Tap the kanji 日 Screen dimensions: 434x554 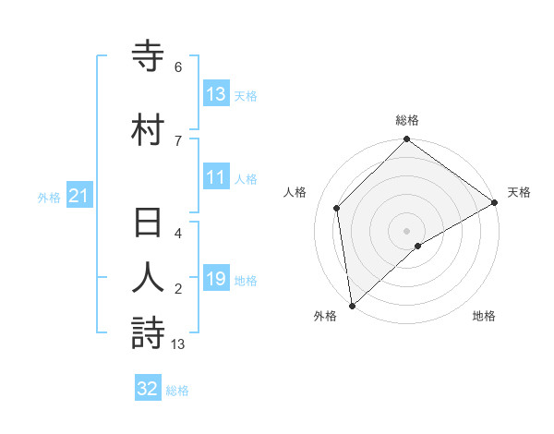(x=148, y=224)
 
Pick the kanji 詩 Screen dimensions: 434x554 (x=148, y=332)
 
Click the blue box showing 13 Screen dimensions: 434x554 (x=216, y=94)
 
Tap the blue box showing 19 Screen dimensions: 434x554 (x=216, y=279)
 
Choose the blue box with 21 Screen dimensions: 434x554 (x=78, y=196)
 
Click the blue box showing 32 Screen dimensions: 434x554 (x=148, y=389)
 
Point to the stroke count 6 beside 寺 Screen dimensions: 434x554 (x=178, y=67)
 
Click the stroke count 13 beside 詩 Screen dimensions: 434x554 (x=178, y=344)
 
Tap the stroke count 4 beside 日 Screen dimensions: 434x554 (x=178, y=234)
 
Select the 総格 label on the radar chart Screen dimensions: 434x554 (x=407, y=120)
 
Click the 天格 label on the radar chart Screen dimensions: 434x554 (x=519, y=192)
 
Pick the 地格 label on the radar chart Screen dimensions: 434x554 (x=484, y=316)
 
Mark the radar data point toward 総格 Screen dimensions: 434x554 (x=407, y=141)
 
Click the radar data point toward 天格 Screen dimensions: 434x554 (x=495, y=203)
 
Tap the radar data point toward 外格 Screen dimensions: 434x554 (x=352, y=305)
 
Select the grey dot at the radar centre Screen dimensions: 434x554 (x=407, y=230)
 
